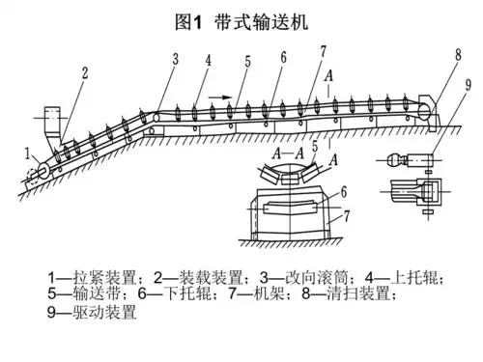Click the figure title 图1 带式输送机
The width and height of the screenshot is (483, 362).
click(241, 22)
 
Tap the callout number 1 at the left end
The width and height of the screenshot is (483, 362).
click(28, 153)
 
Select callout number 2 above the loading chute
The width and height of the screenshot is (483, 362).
click(85, 73)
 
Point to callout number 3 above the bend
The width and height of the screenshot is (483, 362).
click(176, 59)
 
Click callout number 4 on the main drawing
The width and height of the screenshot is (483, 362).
click(209, 60)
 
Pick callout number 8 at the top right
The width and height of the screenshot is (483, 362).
click(458, 55)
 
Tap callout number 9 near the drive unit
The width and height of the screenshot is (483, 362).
click(468, 85)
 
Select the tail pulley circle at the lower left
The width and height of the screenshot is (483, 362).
click(43, 169)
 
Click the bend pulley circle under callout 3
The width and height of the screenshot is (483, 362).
click(156, 117)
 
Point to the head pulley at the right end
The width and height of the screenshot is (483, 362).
click(425, 111)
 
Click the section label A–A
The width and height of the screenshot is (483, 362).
click(288, 153)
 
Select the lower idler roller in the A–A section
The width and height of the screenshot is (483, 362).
click(290, 207)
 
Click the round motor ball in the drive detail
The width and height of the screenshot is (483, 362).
click(394, 160)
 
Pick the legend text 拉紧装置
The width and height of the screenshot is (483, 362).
click(103, 278)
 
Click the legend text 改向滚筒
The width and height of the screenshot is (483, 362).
click(317, 278)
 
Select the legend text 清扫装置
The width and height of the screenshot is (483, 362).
click(358, 293)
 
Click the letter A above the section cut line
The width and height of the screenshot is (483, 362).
click(328, 76)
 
